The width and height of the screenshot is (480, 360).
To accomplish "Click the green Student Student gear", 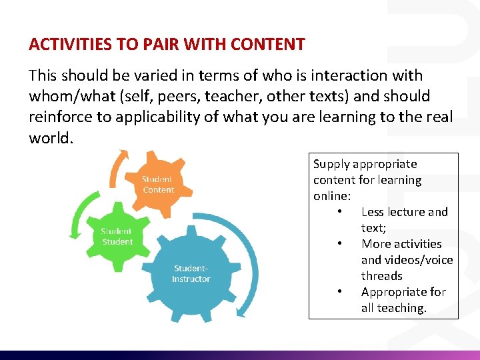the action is pyautogui.click(x=117, y=237).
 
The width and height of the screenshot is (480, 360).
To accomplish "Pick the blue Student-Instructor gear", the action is pyautogui.click(x=191, y=274).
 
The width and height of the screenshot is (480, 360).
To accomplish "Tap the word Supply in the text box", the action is pyautogui.click(x=331, y=164).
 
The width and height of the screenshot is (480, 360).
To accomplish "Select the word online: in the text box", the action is pyautogui.click(x=331, y=196).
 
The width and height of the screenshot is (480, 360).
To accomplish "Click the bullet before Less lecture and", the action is pyautogui.click(x=340, y=212).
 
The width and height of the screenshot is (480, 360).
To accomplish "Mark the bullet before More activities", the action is pyautogui.click(x=340, y=244).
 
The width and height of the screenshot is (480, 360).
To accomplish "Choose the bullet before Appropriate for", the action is pyautogui.click(x=340, y=292).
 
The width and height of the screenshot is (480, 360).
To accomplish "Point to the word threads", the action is pyautogui.click(x=382, y=276).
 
